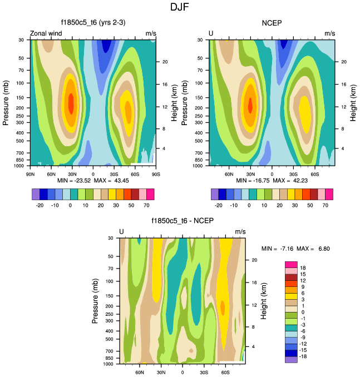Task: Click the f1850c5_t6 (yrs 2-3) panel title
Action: coord(93,23)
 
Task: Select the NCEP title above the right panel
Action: coord(272,23)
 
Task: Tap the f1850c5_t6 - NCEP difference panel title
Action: coord(182,221)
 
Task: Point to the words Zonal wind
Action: coord(46,34)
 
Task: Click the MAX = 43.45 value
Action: coord(111,181)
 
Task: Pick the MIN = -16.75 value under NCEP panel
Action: coord(254,181)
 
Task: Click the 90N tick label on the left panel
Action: coord(31,173)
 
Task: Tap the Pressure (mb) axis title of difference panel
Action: coord(95,301)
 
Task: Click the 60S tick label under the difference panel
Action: coord(225,372)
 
